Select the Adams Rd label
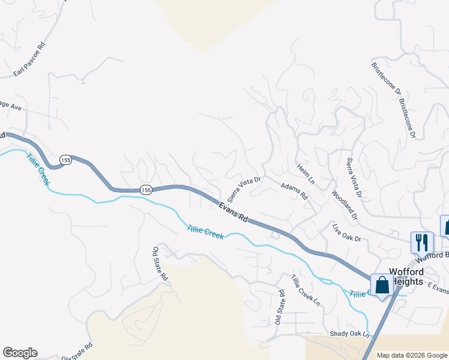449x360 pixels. pyautogui.click(x=294, y=192)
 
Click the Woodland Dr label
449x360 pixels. pyautogui.click(x=344, y=205)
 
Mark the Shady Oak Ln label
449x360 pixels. pyautogui.click(x=349, y=334)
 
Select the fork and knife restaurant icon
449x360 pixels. pyautogui.click(x=422, y=242)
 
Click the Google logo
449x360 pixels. pyautogui.click(x=20, y=353)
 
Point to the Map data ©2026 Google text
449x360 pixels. pyautogui.click(x=412, y=355)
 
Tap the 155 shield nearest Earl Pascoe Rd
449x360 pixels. pyautogui.click(x=65, y=160)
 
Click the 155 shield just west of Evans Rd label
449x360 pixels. pyautogui.click(x=146, y=190)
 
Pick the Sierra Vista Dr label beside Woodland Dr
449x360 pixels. pyautogui.click(x=354, y=178)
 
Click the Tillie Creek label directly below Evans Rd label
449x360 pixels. pyautogui.click(x=205, y=232)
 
